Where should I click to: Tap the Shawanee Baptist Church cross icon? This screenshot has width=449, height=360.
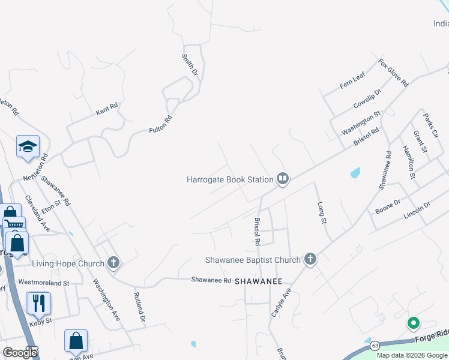tap(310, 259)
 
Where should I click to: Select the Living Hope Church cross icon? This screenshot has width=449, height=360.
tap(113, 262)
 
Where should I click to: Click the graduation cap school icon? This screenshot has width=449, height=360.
tap(28, 146)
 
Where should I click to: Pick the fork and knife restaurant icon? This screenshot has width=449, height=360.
tap(39, 302)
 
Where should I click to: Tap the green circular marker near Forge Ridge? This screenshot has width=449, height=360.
tap(413, 324)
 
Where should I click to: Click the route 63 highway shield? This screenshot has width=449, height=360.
tap(375, 346)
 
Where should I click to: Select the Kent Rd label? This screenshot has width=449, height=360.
tap(107, 109)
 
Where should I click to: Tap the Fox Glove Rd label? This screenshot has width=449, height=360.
tap(393, 73)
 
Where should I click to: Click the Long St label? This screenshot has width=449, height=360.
tap(322, 213)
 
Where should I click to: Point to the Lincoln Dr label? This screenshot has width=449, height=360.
tap(418, 208)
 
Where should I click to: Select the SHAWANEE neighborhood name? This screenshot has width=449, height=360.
tap(258, 281)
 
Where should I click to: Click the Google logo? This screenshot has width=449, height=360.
tap(20, 352)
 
